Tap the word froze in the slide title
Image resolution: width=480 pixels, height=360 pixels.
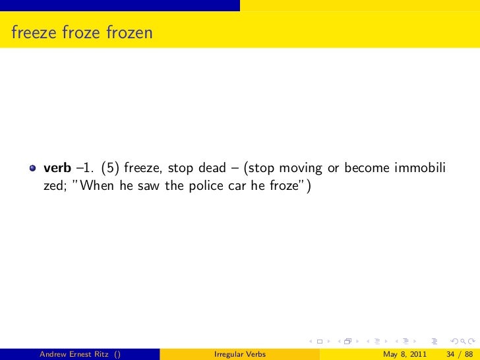click(x=82, y=32)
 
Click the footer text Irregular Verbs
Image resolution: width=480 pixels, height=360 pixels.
click(x=240, y=353)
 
